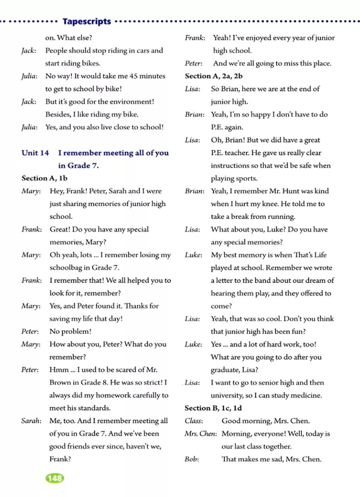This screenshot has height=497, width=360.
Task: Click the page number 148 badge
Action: pyautogui.click(x=55, y=478)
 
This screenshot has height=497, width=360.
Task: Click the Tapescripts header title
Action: pyautogui.click(x=87, y=21)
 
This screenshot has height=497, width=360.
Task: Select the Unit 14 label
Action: pyautogui.click(x=35, y=153)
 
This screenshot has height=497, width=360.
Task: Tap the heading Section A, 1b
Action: pyautogui.click(x=44, y=178)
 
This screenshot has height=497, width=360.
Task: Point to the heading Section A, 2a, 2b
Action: pyautogui.click(x=214, y=76)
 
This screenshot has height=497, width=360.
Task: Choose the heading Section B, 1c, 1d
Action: pyautogui.click(x=213, y=408)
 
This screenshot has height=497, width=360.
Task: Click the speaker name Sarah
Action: pyautogui.click(x=31, y=421)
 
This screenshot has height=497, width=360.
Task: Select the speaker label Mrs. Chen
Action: pyautogui.click(x=201, y=434)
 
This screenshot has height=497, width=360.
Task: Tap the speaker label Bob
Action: pyautogui.click(x=192, y=459)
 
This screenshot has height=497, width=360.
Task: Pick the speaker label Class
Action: pyautogui.click(x=194, y=421)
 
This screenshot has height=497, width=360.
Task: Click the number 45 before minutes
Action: pyautogui.click(x=133, y=76)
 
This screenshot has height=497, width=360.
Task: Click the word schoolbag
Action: pyautogui.click(x=66, y=268)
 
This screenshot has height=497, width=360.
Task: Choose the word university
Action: pyautogui.click(x=227, y=395)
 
